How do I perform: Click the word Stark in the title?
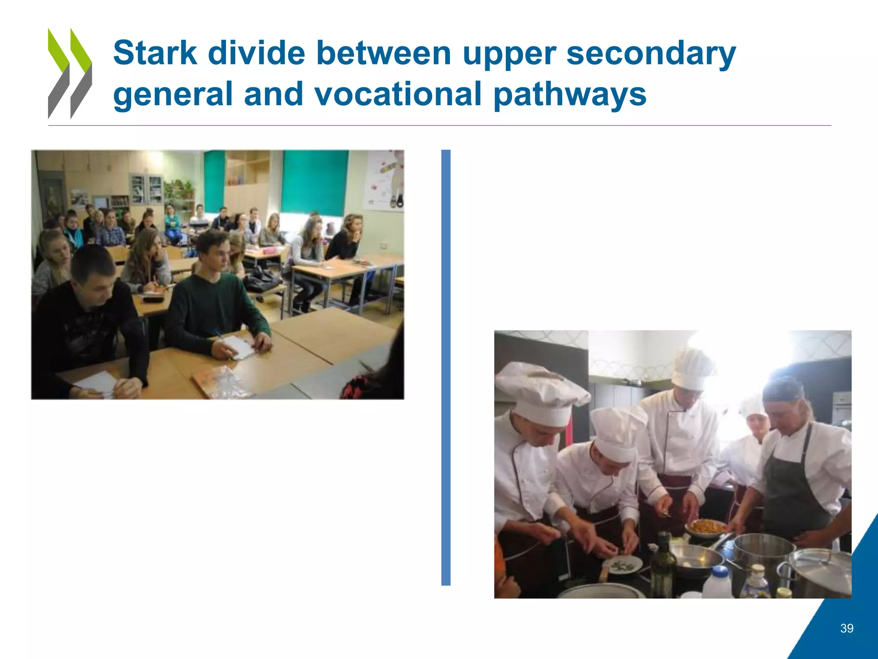pyautogui.click(x=155, y=53)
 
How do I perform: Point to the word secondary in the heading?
pyautogui.click(x=651, y=54)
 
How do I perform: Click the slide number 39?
pyautogui.click(x=847, y=629)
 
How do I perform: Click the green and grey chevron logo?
pyautogui.click(x=69, y=73)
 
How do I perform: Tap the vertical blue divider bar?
pyautogui.click(x=446, y=367)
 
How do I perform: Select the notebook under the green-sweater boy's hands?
pyautogui.click(x=238, y=347)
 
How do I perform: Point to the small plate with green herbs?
pyautogui.click(x=622, y=566)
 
